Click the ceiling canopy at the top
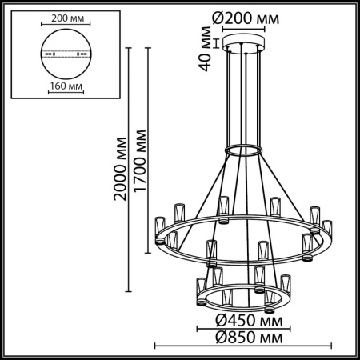(x=246, y=43)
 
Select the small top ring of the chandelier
(x=246, y=150)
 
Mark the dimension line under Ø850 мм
(x=245, y=346)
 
